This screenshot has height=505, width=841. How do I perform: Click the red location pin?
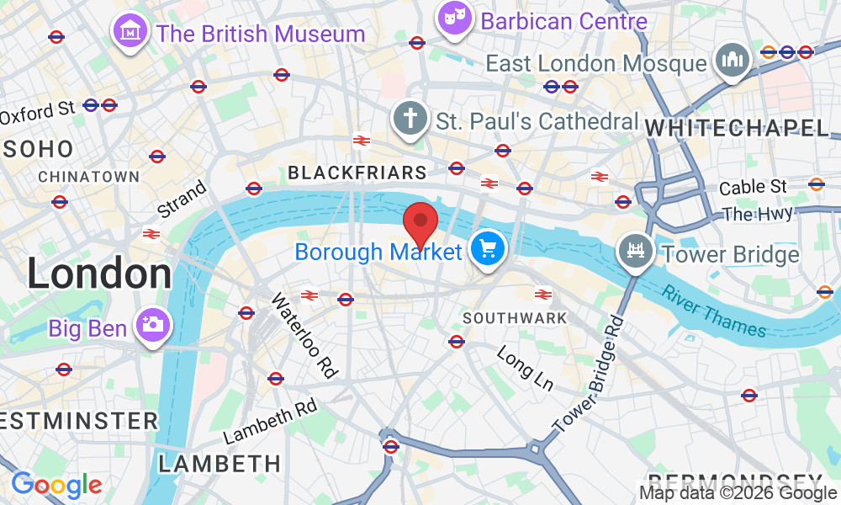tap(420, 222)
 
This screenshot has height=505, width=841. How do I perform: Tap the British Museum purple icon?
tap(130, 33)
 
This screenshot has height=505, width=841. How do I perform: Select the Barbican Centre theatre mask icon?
tap(455, 20)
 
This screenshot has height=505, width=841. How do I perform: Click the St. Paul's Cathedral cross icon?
tap(411, 119)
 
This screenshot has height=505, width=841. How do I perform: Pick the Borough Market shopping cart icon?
tap(486, 249)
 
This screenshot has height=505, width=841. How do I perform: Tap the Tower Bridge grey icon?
tap(636, 251)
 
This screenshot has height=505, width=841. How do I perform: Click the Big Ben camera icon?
tap(151, 326)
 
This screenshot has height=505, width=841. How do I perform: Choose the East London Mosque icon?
tap(732, 61)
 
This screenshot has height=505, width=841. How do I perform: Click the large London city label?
tap(99, 274)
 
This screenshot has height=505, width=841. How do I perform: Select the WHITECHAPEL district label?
tap(737, 128)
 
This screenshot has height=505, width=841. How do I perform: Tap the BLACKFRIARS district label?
tap(357, 173)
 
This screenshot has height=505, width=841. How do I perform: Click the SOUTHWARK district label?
tap(515, 318)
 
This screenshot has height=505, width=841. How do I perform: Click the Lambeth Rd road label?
tap(269, 423)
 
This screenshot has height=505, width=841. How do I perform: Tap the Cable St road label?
tap(753, 186)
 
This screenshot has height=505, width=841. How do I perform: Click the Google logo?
tap(56, 485)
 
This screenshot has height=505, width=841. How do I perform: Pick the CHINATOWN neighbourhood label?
tap(88, 177)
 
